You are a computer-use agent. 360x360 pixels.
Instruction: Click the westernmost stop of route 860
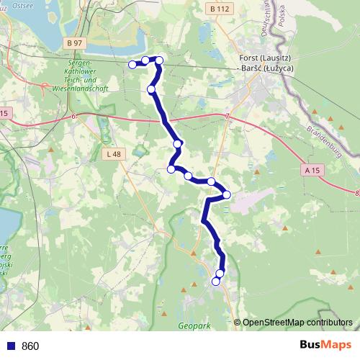[132, 65]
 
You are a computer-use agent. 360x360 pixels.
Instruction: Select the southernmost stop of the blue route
[215, 282]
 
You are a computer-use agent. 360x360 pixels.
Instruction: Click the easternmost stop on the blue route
[226, 194]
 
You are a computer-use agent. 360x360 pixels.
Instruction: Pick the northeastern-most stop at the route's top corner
[159, 60]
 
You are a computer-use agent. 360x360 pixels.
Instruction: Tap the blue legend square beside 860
[9, 346]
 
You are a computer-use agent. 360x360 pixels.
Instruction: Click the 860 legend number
[30, 346]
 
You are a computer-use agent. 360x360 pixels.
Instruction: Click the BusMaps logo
[325, 346]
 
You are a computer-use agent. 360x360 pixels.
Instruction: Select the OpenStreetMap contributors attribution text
[297, 323]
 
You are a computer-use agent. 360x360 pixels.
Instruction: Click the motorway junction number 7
[226, 117]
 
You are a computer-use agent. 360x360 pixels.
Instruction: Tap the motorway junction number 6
[73, 115]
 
